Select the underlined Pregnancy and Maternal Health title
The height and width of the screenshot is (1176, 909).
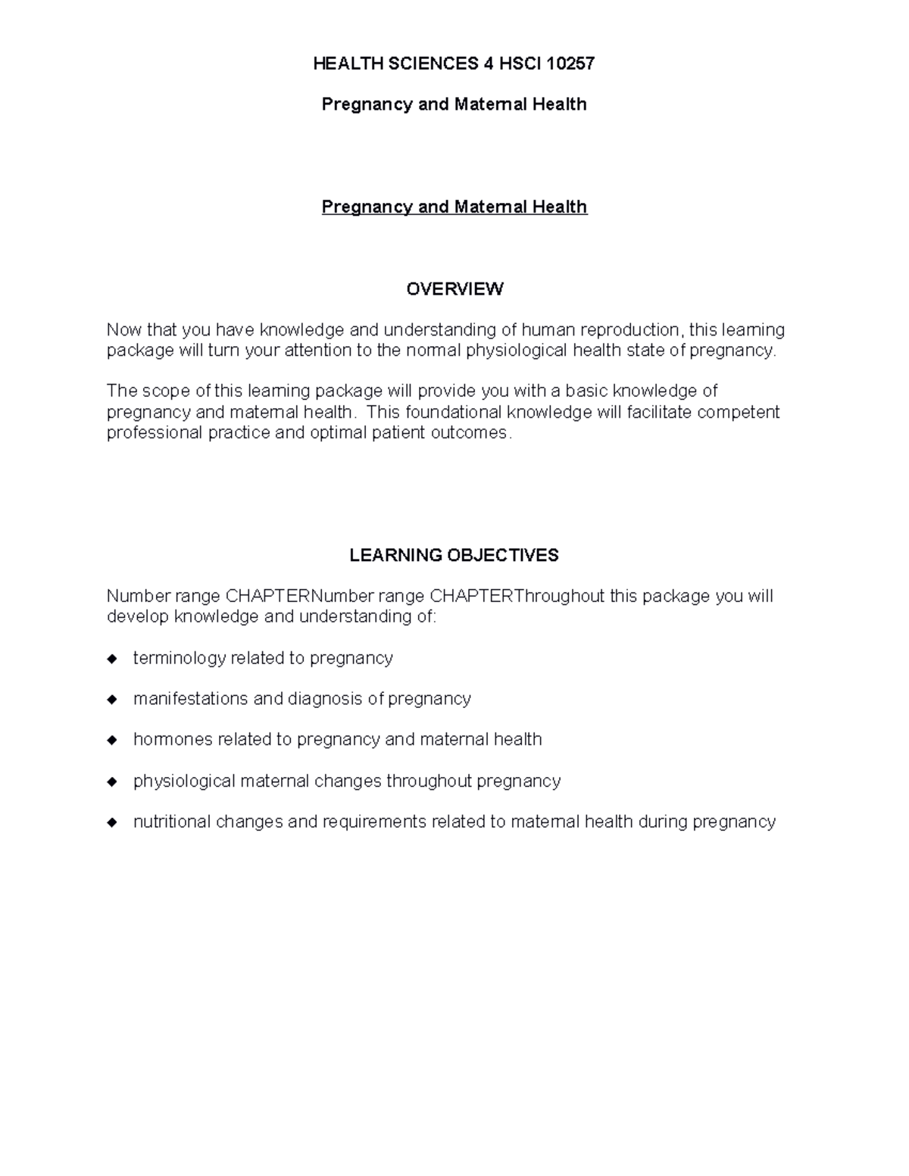coord(454,207)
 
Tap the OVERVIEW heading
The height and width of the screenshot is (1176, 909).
coord(454,289)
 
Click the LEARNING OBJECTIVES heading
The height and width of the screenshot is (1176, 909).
coord(454,555)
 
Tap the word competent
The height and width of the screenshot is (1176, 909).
coord(738,413)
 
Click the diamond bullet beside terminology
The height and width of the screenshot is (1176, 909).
coord(113,659)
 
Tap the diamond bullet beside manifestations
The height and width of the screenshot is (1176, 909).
coord(113,700)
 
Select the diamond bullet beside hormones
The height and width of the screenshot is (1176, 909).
coord(113,740)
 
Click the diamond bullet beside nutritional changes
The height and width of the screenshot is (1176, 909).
coord(113,822)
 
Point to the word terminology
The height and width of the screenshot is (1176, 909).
coord(180,658)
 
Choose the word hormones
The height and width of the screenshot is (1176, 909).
coord(173,740)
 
